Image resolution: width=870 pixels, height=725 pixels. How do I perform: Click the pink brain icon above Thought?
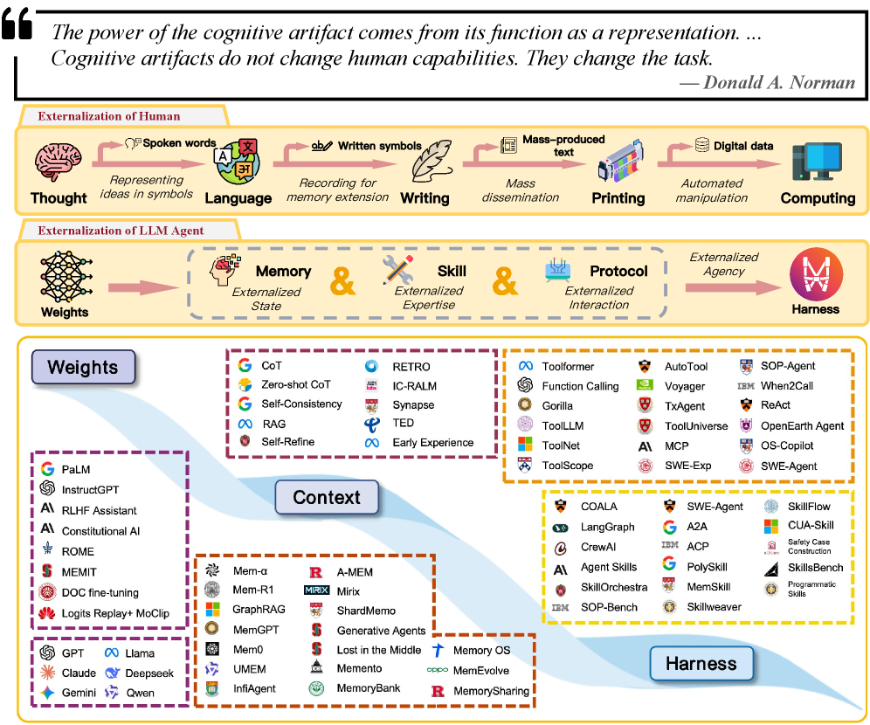[59, 162]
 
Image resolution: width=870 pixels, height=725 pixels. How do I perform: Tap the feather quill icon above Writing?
[432, 161]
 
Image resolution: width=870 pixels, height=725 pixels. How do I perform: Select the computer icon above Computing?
[817, 162]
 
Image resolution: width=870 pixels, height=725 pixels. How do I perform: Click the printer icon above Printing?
[620, 161]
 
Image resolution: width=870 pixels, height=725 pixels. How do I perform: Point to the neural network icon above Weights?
[66, 276]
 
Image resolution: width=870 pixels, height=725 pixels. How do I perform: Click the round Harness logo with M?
[816, 274]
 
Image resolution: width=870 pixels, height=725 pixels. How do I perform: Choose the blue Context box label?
[327, 497]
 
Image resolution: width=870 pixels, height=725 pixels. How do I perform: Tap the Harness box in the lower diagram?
[701, 664]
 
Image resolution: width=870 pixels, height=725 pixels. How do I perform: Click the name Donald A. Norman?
[779, 83]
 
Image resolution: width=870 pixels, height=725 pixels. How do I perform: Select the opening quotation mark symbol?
[17, 24]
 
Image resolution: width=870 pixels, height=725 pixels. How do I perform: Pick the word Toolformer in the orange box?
[568, 366]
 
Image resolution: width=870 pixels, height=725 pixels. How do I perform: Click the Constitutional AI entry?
[101, 531]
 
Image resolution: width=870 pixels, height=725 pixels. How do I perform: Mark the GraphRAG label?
[259, 609]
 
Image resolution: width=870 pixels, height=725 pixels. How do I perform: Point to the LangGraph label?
[608, 527]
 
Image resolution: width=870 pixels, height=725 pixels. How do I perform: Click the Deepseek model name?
[149, 673]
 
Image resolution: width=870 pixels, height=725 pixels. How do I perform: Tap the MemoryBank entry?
[369, 687]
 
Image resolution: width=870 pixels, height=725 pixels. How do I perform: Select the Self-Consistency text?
[302, 404]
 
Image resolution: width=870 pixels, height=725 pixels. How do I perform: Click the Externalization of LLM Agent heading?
[121, 231]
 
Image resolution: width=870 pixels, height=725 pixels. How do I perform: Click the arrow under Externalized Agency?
[732, 287]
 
